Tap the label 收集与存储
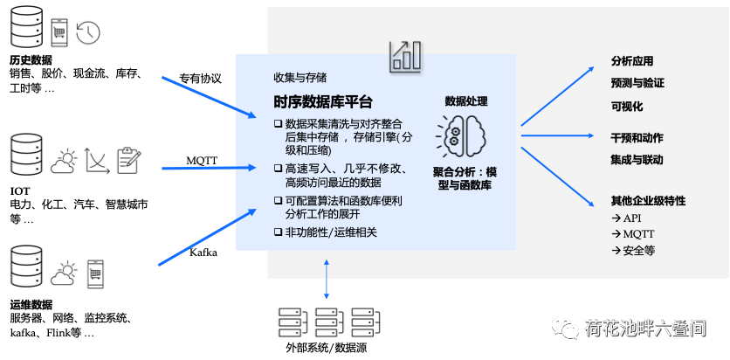300,77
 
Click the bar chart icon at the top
406,55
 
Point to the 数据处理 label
466,101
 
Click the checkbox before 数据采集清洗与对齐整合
278,124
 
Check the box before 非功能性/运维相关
278,232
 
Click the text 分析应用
632,62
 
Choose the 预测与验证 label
637,83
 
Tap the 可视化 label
627,106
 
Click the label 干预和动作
637,138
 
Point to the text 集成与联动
637,160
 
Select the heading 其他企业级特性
648,201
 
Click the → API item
627,218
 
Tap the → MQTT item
633,234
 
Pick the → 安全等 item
633,251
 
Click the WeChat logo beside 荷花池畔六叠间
565,327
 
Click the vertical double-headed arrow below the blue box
327,279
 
